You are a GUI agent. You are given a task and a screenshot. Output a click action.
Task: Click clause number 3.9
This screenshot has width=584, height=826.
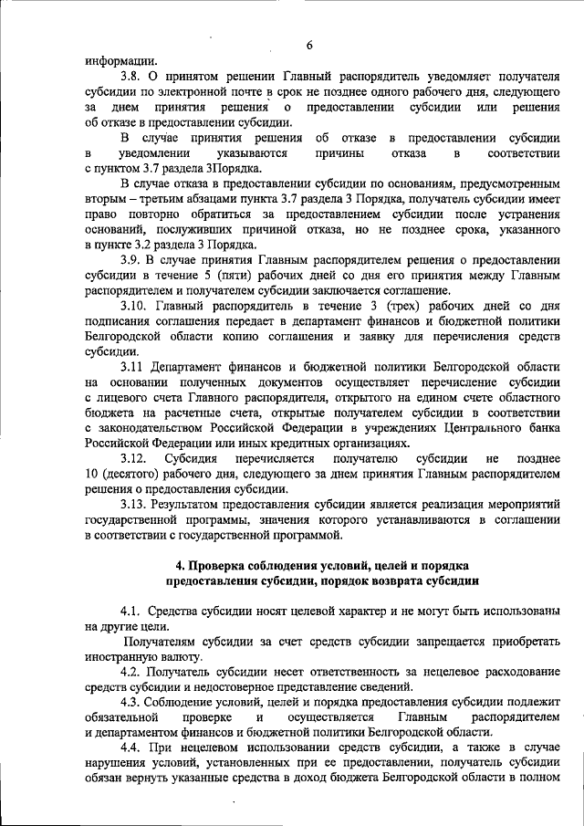[135, 259]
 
